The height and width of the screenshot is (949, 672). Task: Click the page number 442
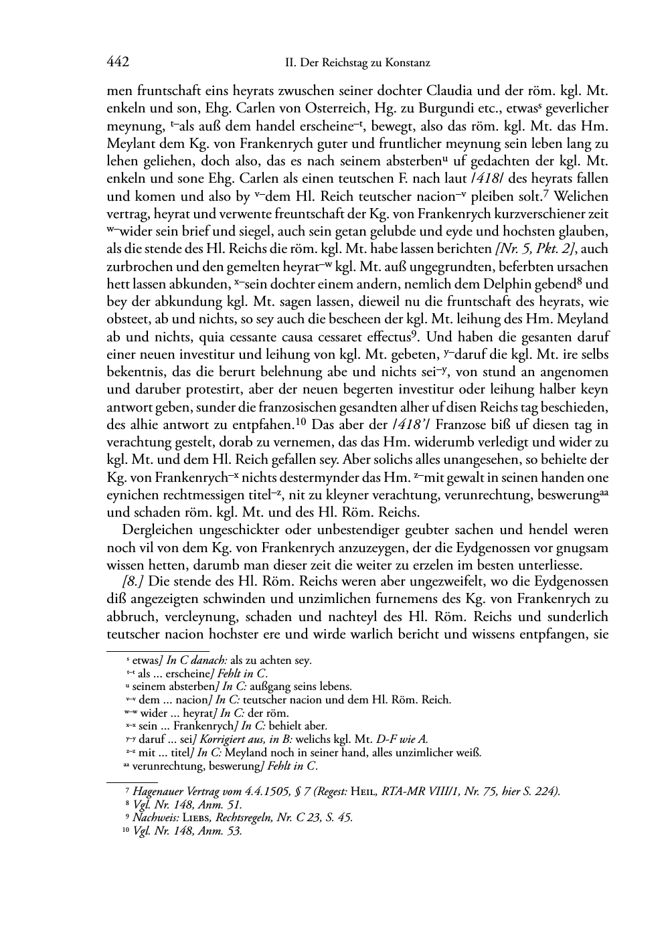[117, 63]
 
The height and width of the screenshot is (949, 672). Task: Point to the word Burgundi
[448, 108]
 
